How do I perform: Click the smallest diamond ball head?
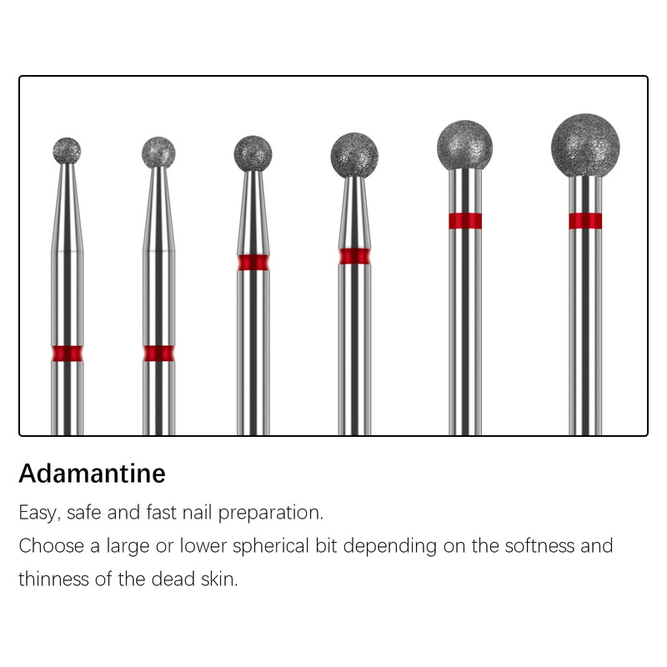coord(67,151)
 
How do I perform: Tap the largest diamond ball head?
coord(585,145)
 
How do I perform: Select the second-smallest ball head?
coord(158,153)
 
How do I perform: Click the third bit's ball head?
coord(253,153)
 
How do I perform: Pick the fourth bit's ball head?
coord(354,155)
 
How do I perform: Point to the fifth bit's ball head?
coord(465,145)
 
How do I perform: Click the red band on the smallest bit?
coord(68,354)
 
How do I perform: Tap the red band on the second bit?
coord(158,354)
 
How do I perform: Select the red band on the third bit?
coord(253,263)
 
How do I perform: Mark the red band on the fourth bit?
coord(354,257)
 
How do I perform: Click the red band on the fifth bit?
coord(465,221)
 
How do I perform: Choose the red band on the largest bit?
coord(585,221)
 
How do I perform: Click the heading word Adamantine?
coord(92,474)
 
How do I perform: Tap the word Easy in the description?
coord(37,513)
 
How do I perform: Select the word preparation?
coord(271,514)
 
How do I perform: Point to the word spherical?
coord(270,547)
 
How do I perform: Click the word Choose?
coord(51,546)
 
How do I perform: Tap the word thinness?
coord(53,579)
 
